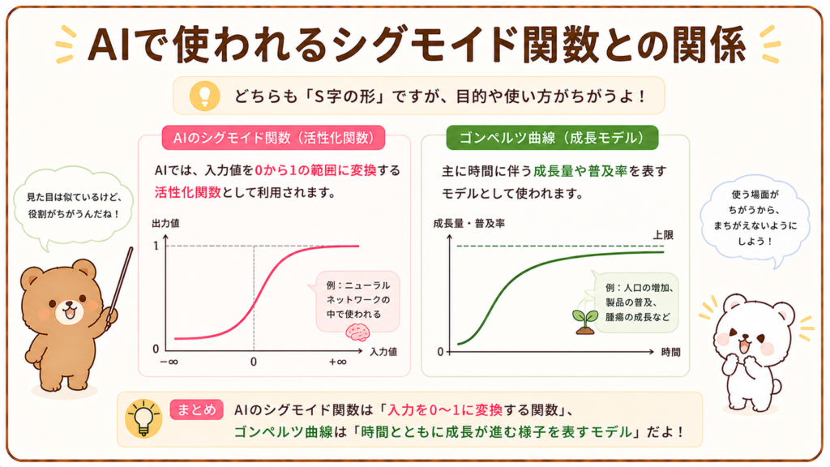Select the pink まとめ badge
[196, 409]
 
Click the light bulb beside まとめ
[143, 418]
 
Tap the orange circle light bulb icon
[205, 96]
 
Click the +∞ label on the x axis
[337, 362]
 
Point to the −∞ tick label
[169, 362]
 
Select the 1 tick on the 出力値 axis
[156, 246]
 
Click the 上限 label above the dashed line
[663, 235]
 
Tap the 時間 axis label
[670, 352]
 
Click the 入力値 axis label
[383, 352]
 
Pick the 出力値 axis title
[165, 224]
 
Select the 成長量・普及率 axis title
[469, 224]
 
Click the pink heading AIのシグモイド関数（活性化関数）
[273, 138]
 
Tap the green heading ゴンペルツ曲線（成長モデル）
[552, 138]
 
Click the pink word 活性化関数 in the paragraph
[187, 192]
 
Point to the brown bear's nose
[68, 306]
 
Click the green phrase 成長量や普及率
[580, 171]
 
